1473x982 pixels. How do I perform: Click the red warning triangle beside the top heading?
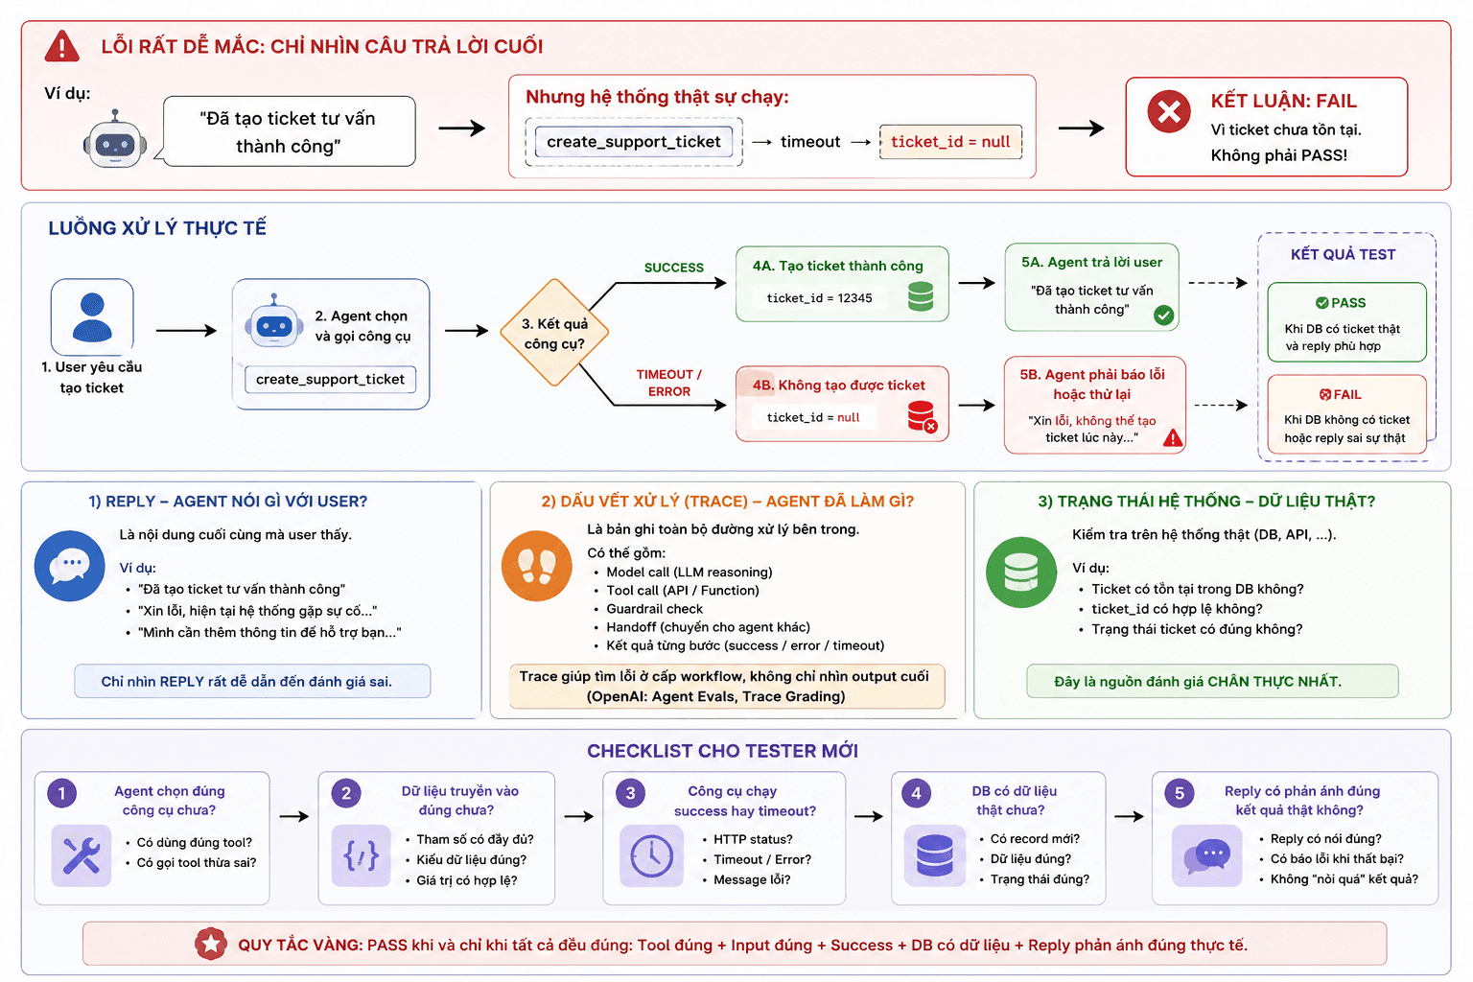tap(61, 46)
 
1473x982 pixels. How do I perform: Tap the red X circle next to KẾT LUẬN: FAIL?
tap(1169, 111)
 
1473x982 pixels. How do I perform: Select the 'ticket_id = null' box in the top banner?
tap(950, 141)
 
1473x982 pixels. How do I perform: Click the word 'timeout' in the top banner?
tap(810, 141)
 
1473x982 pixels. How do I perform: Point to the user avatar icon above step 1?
tap(92, 317)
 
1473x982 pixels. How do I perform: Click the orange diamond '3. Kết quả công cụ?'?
tap(554, 333)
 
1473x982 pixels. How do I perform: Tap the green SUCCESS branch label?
tap(673, 268)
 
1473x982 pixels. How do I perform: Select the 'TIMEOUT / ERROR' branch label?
tap(668, 383)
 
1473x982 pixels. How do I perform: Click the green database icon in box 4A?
tap(920, 296)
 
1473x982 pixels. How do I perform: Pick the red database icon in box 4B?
tap(922, 416)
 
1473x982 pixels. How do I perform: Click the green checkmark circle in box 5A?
tap(1163, 316)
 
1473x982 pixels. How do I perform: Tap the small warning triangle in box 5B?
tap(1173, 437)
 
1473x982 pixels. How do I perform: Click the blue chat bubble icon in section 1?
tap(70, 566)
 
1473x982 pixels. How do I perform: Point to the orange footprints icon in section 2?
tap(537, 566)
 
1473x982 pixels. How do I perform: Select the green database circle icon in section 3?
tap(1021, 573)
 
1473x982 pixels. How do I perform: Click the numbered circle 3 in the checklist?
tap(630, 793)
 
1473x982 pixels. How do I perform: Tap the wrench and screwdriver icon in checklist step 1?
tap(82, 855)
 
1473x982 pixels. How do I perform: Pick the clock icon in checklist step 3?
tap(652, 855)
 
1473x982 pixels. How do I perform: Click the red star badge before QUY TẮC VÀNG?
tap(210, 944)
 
